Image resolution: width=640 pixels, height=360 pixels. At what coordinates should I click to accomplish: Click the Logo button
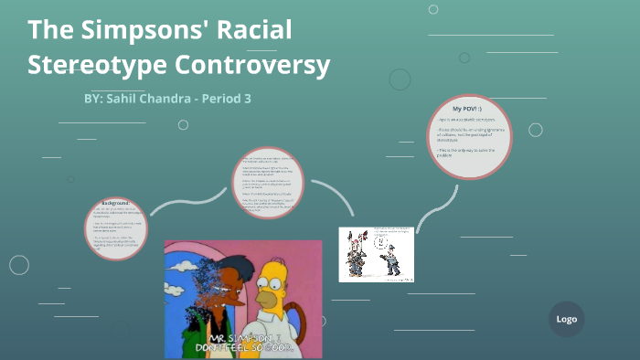click(566, 319)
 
